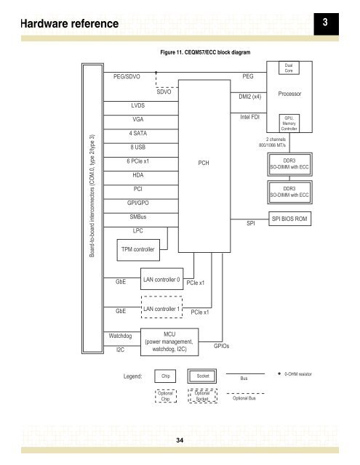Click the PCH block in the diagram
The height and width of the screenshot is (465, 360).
tap(204, 163)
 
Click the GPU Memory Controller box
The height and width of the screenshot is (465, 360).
tap(289, 123)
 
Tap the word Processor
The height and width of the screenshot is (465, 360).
tap(289, 94)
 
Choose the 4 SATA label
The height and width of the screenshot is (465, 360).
tap(140, 134)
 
